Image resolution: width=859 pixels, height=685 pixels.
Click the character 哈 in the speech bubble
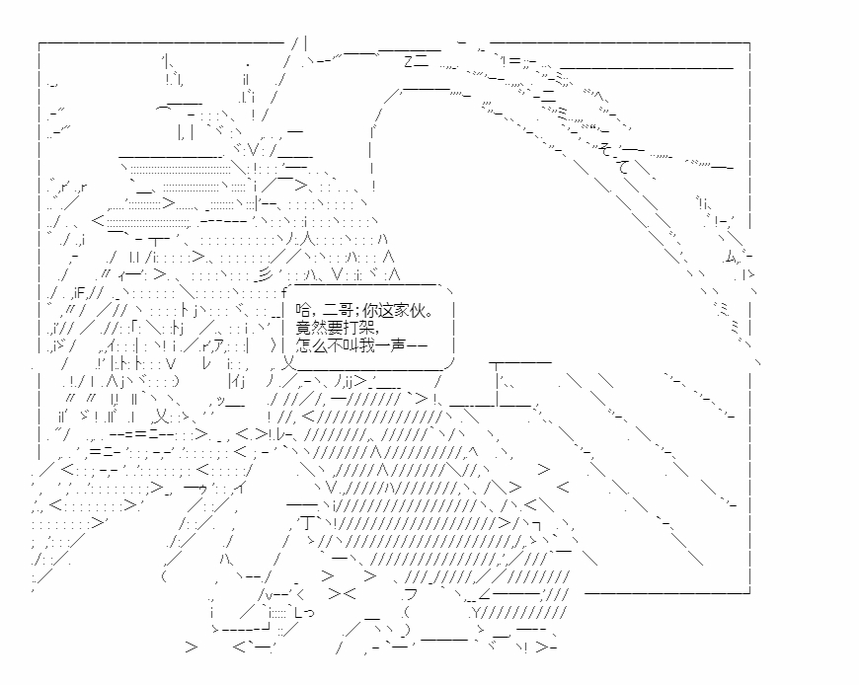click(x=302, y=311)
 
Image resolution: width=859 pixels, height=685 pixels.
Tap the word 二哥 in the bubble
click(x=338, y=311)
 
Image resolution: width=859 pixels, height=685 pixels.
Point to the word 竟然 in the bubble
click(x=310, y=328)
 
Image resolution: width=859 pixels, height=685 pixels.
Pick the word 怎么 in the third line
click(x=310, y=344)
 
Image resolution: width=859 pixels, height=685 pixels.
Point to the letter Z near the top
click(x=408, y=61)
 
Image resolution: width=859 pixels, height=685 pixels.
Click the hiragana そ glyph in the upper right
click(x=605, y=148)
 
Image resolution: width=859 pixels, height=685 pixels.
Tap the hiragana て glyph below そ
click(x=625, y=166)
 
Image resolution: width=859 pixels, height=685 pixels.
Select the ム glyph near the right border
click(x=732, y=256)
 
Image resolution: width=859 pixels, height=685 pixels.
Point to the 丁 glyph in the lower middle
click(x=308, y=523)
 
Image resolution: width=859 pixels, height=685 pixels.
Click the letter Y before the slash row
click(x=476, y=612)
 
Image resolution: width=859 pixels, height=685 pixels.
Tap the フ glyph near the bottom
click(x=411, y=594)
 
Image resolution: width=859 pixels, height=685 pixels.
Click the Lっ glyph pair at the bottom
click(x=304, y=612)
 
